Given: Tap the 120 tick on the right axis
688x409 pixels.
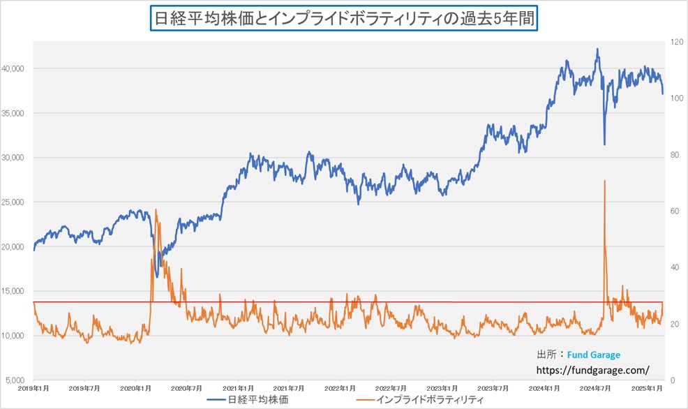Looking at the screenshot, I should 675,42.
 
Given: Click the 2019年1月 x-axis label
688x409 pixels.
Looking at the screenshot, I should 33,388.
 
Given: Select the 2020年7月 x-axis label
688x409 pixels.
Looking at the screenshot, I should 186,388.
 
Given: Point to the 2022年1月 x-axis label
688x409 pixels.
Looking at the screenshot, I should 340,388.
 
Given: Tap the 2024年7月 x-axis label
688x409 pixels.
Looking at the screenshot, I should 596,388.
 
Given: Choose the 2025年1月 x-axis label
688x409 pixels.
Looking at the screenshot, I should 648,388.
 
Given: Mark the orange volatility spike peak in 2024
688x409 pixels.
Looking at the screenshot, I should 604,181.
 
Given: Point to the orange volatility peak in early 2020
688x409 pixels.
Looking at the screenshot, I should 155,209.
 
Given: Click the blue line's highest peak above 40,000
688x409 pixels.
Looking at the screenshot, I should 597,49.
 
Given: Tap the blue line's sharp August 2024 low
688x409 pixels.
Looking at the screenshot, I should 604,144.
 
